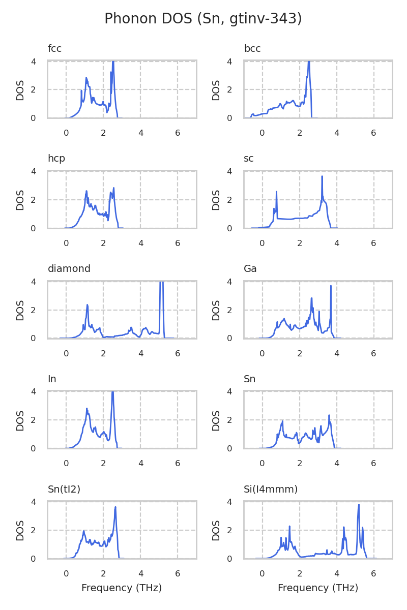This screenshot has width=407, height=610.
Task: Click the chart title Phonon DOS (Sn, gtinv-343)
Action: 203,19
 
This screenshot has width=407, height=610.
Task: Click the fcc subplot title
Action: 54,49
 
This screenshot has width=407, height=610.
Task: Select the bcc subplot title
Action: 252,49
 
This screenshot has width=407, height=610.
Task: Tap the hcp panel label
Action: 56,159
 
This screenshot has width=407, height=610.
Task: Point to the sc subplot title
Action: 249,159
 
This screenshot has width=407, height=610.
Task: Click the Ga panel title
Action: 250,269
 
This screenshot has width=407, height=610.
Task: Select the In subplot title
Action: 52,379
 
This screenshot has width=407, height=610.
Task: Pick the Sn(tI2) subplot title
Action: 64,490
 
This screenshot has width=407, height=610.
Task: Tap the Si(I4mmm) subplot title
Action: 271,490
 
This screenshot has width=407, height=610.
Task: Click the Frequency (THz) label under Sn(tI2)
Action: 122,588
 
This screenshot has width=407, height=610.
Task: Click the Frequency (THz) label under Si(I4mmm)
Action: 318,588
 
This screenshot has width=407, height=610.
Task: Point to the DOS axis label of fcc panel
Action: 20,90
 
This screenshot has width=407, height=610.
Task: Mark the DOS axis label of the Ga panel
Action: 216,310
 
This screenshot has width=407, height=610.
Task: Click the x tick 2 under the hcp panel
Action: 103,243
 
